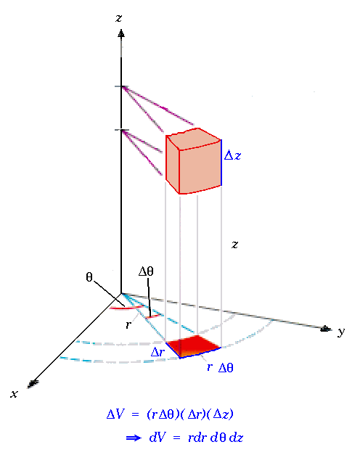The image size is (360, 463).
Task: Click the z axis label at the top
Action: point(119,18)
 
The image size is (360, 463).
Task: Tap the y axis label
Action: point(341,332)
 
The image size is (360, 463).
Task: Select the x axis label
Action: point(15,394)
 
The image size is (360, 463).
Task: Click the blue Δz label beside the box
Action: point(233,155)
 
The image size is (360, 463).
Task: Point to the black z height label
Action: point(234,245)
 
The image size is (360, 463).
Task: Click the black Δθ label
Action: point(146,271)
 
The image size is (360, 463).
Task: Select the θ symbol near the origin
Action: point(89,277)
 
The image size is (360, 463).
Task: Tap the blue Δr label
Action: point(157,352)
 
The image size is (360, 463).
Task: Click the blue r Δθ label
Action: point(220,367)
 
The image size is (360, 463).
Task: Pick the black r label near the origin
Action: point(128,324)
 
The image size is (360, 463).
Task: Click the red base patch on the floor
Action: point(194,346)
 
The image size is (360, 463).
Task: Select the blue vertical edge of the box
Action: point(221,163)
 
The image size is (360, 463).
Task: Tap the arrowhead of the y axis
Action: point(326,328)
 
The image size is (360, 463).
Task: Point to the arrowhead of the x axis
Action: point(33,383)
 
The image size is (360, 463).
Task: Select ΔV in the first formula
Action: point(116,414)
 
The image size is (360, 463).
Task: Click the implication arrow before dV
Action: point(134,438)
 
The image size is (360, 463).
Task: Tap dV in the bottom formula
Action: point(158,438)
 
